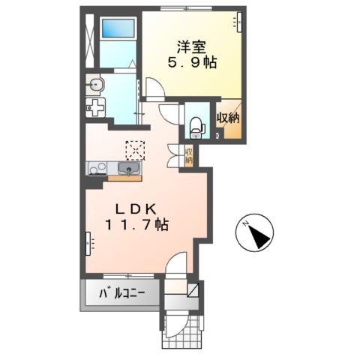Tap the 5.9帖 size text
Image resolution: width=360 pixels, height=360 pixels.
[192, 63]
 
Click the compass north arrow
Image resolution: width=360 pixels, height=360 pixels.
[257, 233]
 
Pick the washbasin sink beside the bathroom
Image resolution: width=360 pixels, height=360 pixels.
[95, 83]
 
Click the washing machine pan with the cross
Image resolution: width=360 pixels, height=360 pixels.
[97, 109]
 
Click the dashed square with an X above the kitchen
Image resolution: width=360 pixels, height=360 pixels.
[135, 150]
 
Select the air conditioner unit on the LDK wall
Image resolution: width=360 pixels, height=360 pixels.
[88, 243]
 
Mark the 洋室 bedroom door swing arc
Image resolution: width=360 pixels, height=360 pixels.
[155, 88]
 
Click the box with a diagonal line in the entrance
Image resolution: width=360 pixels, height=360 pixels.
[194, 289]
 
